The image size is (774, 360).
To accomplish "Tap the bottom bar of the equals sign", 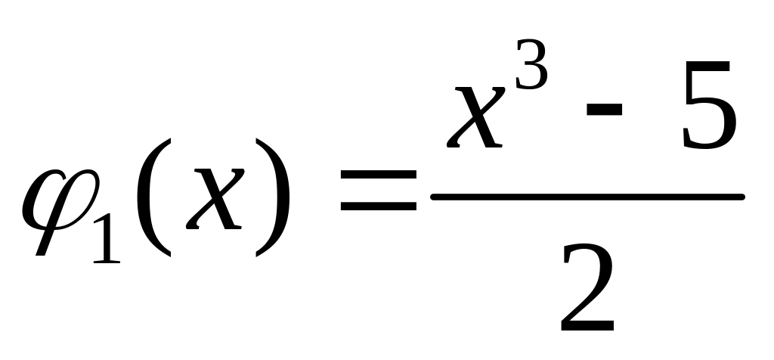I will tap(378, 206).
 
